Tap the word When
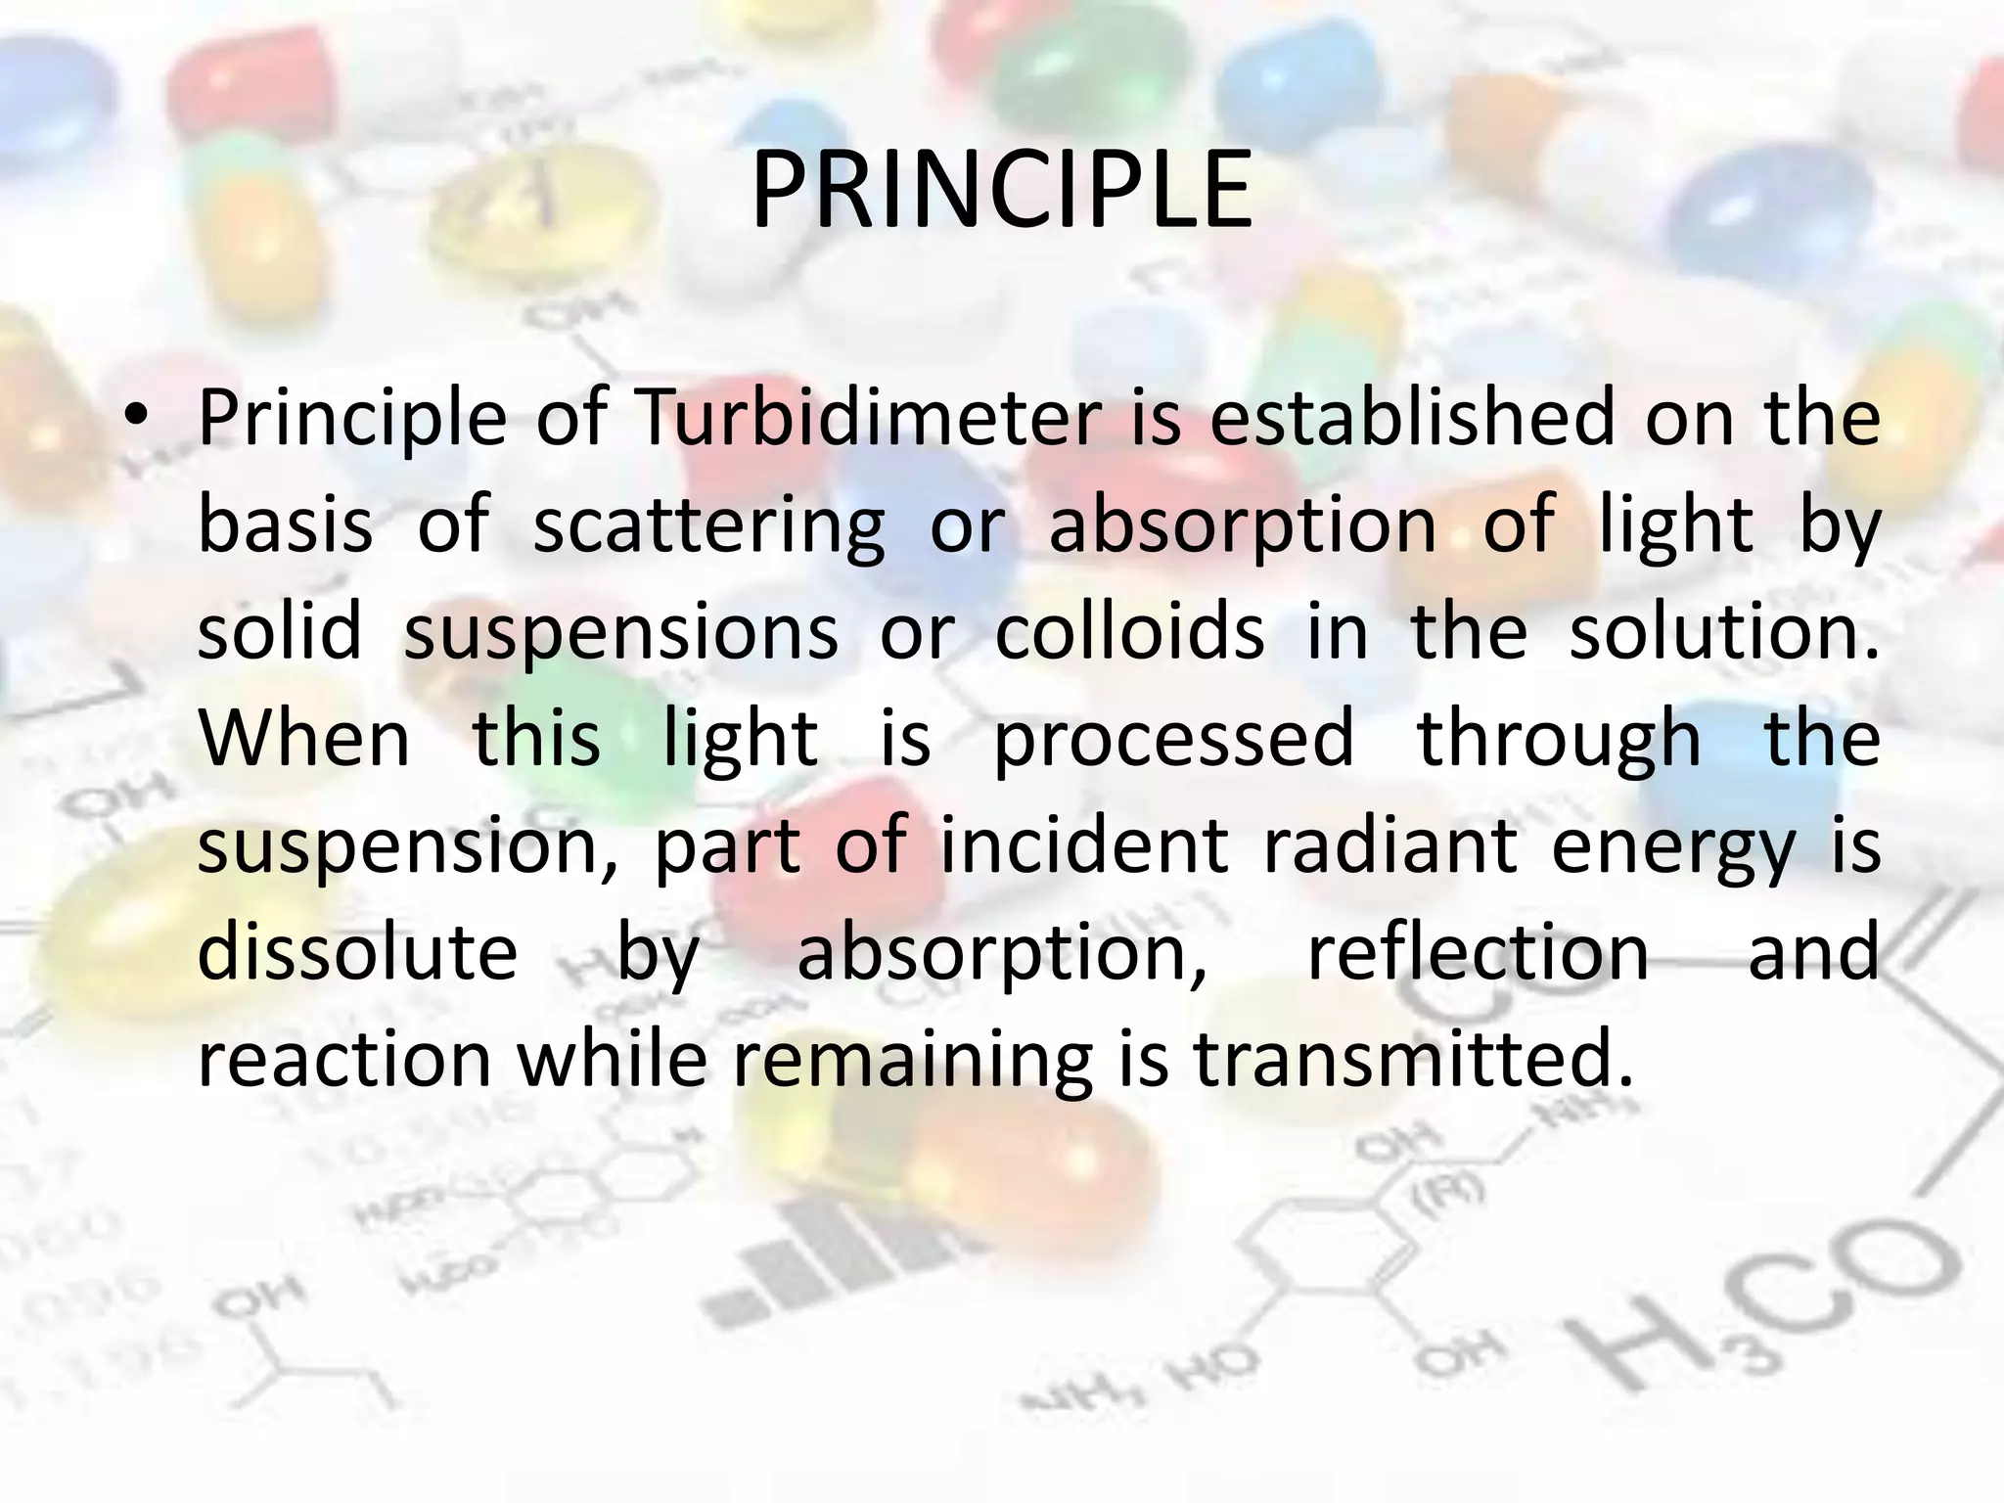pyautogui.click(x=304, y=739)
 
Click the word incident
pyautogui.click(x=1084, y=845)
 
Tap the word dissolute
pyautogui.click(x=357, y=952)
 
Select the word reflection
pyautogui.click(x=1479, y=952)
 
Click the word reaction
pyautogui.click(x=344, y=1060)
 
